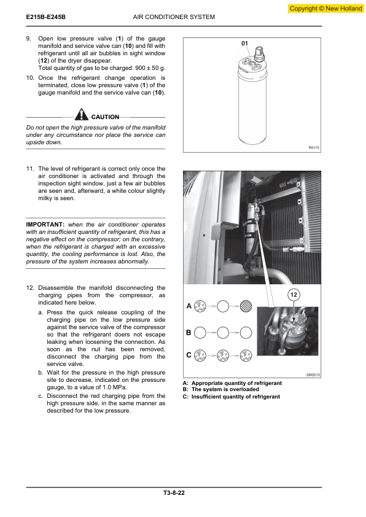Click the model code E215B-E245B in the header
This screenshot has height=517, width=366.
(46, 17)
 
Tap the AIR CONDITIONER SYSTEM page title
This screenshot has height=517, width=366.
(174, 17)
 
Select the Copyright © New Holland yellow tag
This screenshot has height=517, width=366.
(325, 9)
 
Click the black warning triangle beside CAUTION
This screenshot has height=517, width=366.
(81, 114)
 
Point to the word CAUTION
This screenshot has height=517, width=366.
(105, 117)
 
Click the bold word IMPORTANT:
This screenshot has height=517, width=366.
(45, 225)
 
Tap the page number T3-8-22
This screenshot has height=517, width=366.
(174, 493)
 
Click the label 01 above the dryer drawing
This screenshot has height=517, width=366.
(244, 43)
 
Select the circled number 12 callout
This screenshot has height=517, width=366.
(294, 295)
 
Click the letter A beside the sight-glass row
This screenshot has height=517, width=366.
(189, 306)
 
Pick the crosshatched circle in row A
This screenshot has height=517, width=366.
(246, 306)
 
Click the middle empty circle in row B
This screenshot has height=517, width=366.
(223, 333)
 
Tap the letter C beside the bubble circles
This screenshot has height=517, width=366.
(189, 355)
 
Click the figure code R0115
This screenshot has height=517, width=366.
(314, 148)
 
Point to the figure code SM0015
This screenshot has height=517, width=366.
(313, 375)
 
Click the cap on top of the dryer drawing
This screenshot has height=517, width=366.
(260, 54)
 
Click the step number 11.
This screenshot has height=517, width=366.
(30, 169)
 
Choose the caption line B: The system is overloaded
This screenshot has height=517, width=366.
(221, 389)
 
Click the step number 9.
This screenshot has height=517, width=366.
(29, 39)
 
